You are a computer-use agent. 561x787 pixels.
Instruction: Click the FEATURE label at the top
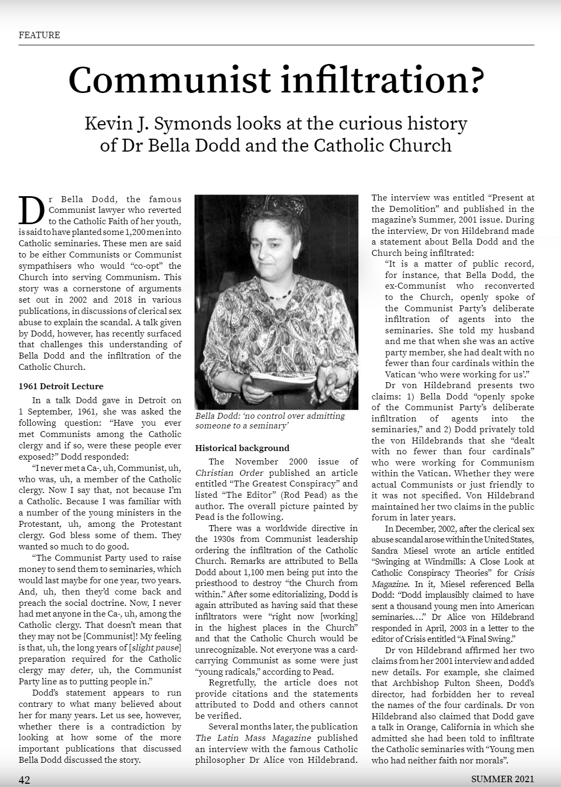[x=39, y=35]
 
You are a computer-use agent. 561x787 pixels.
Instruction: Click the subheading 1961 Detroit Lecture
[x=61, y=386]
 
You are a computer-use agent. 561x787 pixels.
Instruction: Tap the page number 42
[x=24, y=779]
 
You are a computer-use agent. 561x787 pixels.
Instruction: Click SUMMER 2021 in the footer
[x=502, y=779]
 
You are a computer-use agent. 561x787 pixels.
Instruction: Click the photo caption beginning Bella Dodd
[x=270, y=420]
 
